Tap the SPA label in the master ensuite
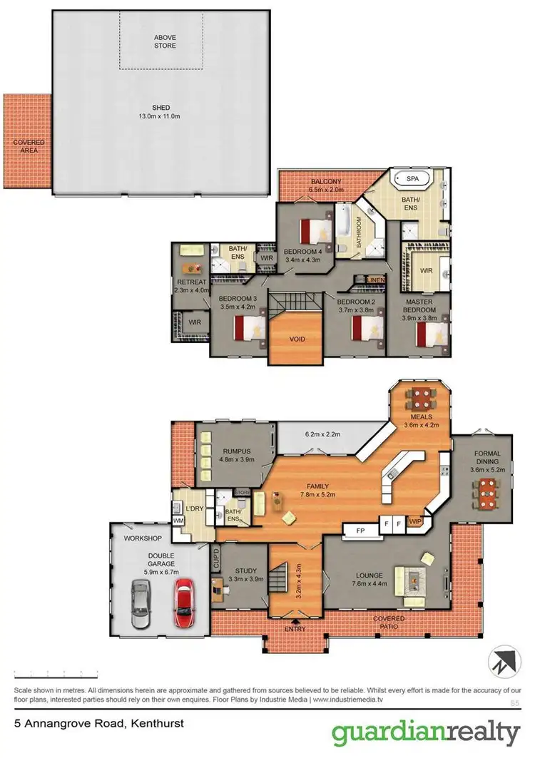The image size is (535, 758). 413,178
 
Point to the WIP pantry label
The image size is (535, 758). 415,522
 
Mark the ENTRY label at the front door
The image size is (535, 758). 295,629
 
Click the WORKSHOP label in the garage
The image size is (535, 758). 143,538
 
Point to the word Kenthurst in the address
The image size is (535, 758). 156,723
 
